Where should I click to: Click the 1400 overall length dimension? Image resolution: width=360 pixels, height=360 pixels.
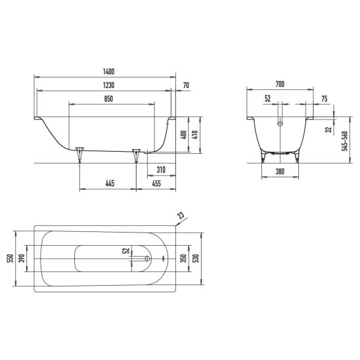[108, 72]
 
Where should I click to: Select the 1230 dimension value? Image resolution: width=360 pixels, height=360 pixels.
[108, 85]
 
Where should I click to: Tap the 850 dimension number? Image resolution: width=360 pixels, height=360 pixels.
[108, 99]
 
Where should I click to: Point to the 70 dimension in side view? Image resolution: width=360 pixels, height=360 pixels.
[186, 85]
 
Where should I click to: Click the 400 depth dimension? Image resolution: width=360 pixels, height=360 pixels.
[183, 136]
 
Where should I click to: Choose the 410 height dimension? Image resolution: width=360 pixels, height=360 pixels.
[194, 135]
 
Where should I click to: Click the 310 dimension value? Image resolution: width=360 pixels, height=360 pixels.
[161, 170]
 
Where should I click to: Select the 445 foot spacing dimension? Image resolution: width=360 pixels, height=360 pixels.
[110, 183]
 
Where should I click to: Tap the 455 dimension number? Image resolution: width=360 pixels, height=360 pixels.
[156, 183]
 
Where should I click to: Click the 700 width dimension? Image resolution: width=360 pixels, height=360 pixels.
[280, 84]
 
